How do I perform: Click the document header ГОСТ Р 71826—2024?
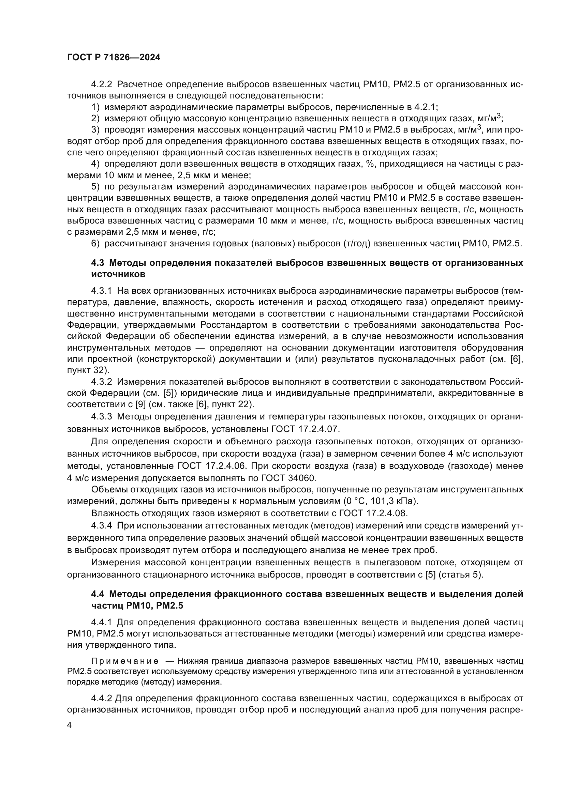114,58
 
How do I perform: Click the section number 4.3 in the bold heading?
98,263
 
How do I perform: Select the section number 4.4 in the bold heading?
98,594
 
